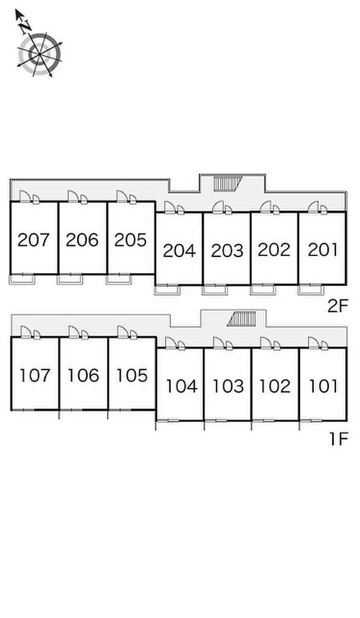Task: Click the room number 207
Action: click(33, 240)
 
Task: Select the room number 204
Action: click(179, 251)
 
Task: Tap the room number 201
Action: click(322, 250)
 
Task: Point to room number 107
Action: click(35, 375)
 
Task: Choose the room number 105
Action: click(132, 375)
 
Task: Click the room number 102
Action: click(275, 386)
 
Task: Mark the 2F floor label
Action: click(338, 306)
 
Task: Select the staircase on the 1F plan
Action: click(242, 319)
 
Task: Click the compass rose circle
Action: click(40, 54)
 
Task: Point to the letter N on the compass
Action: click(25, 26)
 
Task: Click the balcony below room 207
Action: click(22, 279)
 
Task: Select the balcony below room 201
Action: click(311, 290)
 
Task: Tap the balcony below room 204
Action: click(167, 290)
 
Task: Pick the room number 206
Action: click(82, 240)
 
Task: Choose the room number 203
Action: click(227, 251)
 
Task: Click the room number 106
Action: click(83, 375)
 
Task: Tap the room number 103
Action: click(228, 386)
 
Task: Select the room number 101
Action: click(323, 386)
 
